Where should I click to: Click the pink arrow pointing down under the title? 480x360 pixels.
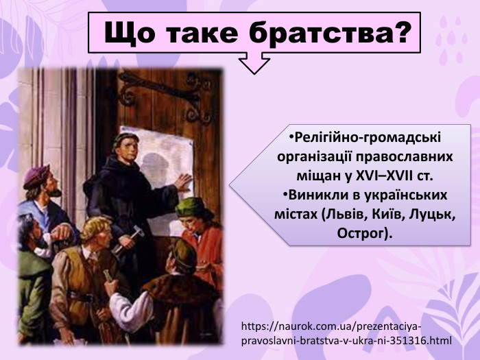pyautogui.click(x=254, y=64)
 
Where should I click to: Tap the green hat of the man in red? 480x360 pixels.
pyautogui.click(x=192, y=205)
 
